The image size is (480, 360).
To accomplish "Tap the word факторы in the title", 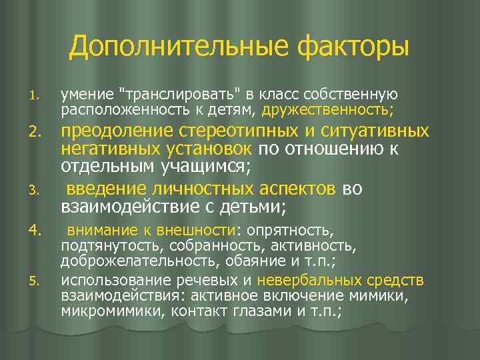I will pyautogui.click(x=353, y=47).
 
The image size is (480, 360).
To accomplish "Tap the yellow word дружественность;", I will pyautogui.click(x=328, y=108).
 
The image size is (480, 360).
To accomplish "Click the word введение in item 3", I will pyautogui.click(x=101, y=189).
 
